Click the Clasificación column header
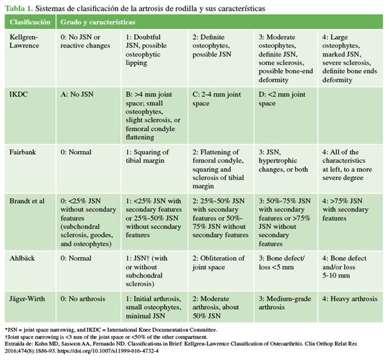(29, 22)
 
